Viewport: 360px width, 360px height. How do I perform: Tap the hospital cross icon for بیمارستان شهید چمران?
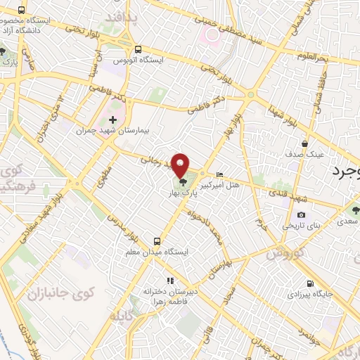112,120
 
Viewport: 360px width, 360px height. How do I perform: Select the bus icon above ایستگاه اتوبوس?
138,50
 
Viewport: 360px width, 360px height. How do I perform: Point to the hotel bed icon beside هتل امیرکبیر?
220,175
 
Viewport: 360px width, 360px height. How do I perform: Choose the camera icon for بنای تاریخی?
301,215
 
